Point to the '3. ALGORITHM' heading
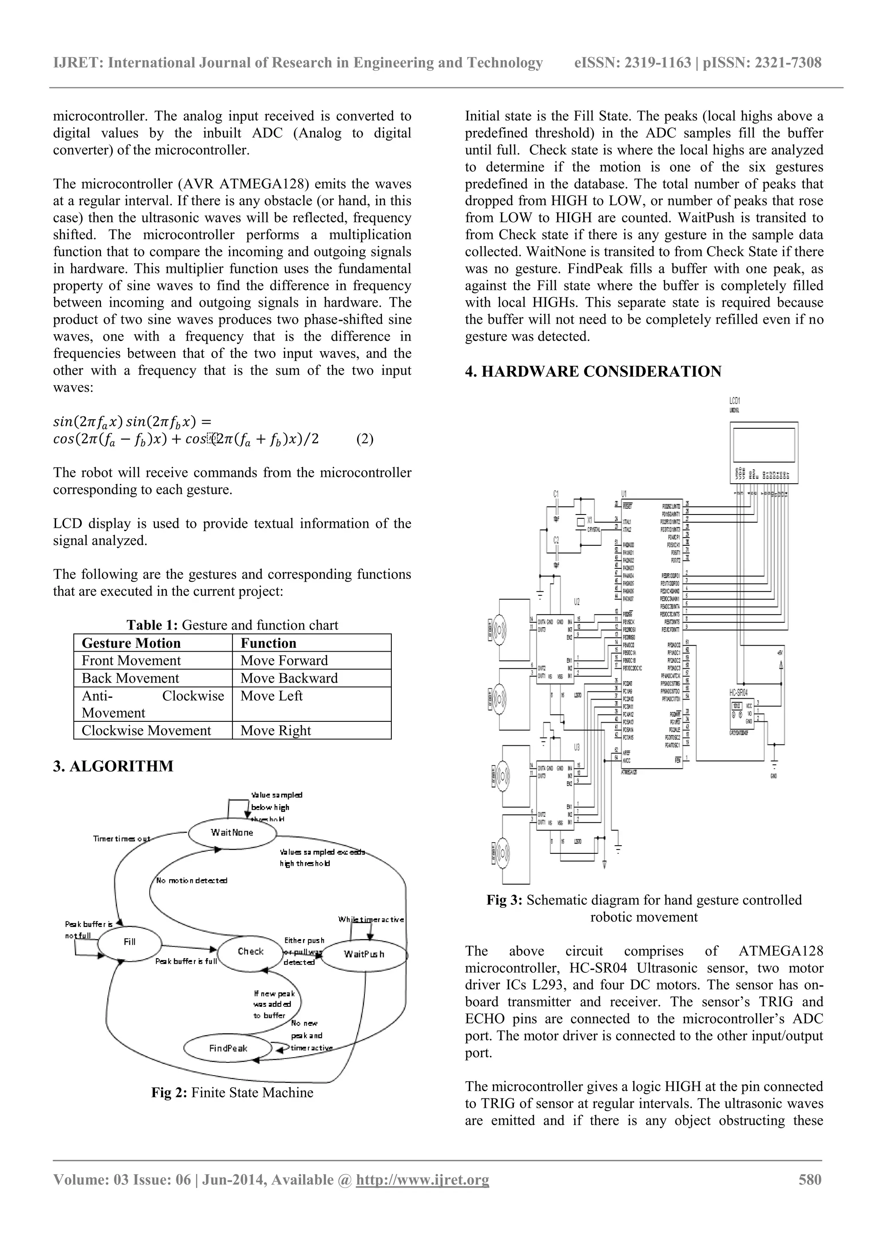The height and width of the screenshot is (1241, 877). point(113,766)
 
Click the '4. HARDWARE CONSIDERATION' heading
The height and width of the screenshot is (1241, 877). point(593,372)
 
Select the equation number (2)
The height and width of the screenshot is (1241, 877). point(364,439)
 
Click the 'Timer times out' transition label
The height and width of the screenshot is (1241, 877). point(122,839)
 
